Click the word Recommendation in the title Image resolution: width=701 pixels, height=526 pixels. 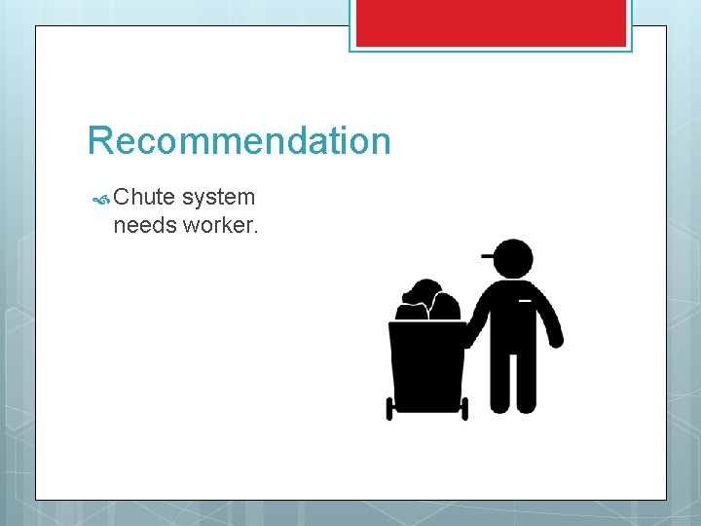pyautogui.click(x=239, y=141)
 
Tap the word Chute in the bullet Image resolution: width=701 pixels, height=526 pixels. pyautogui.click(x=144, y=198)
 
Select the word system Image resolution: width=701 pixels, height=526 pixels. pyautogui.click(x=218, y=198)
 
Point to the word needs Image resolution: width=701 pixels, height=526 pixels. pyautogui.click(x=138, y=226)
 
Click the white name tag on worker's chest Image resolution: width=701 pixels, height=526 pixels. pyautogui.click(x=525, y=301)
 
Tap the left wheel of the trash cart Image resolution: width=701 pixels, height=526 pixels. pyautogui.click(x=389, y=408)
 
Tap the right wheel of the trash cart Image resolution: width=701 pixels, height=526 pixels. pyautogui.click(x=464, y=408)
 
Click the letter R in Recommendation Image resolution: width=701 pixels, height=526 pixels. pyautogui.click(x=99, y=141)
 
